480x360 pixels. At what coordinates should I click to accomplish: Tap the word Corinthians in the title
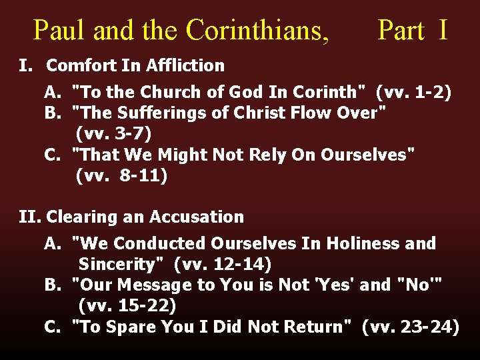pyautogui.click(x=257, y=30)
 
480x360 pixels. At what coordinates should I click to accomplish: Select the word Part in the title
pyautogui.click(x=401, y=30)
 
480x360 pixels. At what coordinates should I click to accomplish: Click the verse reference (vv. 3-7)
pyautogui.click(x=114, y=133)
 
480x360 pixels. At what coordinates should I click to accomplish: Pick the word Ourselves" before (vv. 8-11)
pyautogui.click(x=368, y=155)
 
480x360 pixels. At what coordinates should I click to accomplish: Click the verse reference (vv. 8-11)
pyautogui.click(x=122, y=176)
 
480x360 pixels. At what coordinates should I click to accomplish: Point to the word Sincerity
pyautogui.click(x=121, y=264)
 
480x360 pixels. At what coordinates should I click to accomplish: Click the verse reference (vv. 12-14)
pyautogui.click(x=223, y=264)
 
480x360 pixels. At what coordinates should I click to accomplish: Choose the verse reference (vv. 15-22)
pyautogui.click(x=127, y=306)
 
